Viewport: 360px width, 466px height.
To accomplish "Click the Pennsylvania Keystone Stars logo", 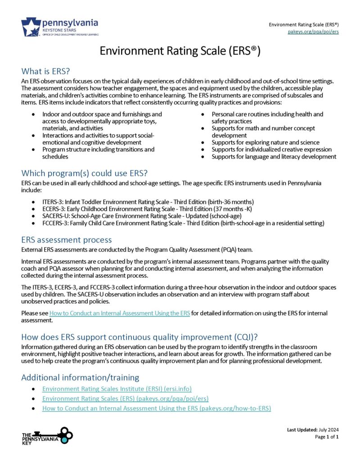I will pos(59,27).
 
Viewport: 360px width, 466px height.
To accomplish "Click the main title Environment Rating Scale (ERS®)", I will pos(180,51).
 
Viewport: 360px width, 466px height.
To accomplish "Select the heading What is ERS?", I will pos(46,72).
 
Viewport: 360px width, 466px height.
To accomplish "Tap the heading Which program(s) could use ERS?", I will pos(85,173).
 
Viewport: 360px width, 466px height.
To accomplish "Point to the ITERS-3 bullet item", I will pos(148,202).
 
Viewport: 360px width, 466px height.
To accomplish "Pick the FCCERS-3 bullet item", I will pos(183,223).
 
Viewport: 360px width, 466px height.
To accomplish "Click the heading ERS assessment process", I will pos(67,240).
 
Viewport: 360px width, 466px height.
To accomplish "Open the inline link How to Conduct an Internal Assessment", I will pos(120,313).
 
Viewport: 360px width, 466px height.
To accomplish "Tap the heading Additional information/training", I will pos(80,377).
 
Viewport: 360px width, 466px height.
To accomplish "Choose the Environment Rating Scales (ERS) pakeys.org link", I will pos(125,398).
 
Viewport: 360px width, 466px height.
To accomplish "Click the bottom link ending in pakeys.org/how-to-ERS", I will pos(156,408).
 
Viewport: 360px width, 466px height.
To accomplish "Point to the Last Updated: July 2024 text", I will pos(313,430).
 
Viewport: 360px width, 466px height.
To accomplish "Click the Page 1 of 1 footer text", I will pos(327,437).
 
